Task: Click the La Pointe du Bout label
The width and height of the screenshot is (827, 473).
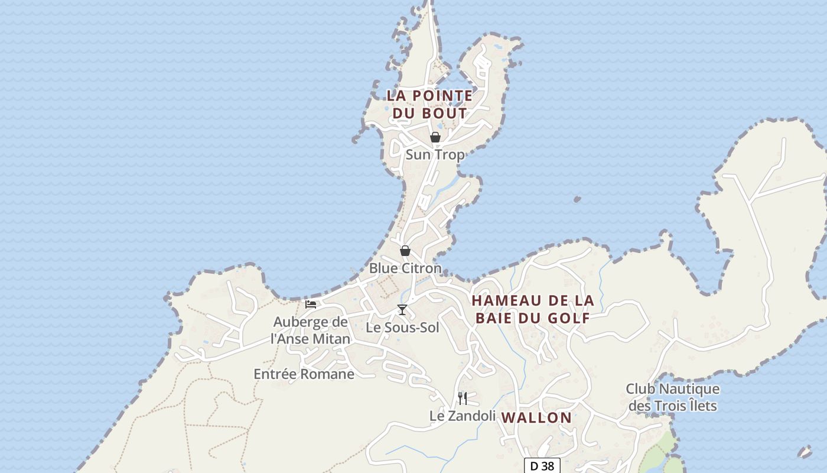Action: [429, 104]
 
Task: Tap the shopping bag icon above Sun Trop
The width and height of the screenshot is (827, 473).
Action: [435, 138]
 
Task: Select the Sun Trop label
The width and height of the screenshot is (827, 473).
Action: [435, 155]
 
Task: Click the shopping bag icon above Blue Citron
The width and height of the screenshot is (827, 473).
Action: [405, 251]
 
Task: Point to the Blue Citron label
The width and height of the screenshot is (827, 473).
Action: [405, 268]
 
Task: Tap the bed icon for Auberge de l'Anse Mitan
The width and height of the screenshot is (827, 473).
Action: [311, 304]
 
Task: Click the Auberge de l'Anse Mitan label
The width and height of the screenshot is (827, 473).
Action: [310, 331]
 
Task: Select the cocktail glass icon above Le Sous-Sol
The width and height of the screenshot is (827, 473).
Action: [402, 310]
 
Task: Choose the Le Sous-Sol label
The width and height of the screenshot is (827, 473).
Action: [402, 328]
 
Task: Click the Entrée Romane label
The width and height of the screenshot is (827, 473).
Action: [304, 374]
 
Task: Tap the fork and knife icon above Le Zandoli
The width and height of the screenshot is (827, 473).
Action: [463, 398]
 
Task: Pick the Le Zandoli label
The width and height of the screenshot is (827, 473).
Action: [463, 416]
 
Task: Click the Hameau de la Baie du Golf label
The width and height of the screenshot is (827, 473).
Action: [533, 309]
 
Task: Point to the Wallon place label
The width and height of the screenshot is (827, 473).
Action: [536, 418]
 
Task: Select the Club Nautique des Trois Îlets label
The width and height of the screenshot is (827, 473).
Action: [673, 397]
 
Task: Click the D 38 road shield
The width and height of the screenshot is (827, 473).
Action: [542, 466]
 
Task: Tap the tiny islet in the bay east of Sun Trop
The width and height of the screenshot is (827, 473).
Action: [577, 200]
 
